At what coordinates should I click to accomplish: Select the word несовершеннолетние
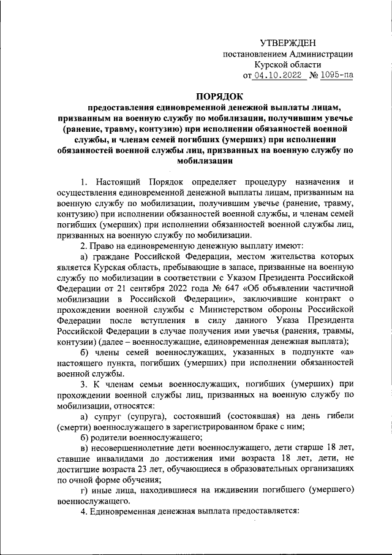click(133, 448)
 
